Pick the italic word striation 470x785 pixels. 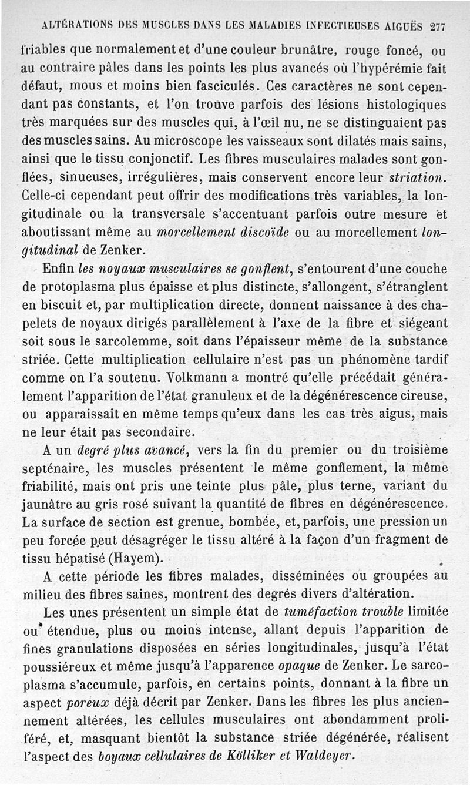coord(419,178)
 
